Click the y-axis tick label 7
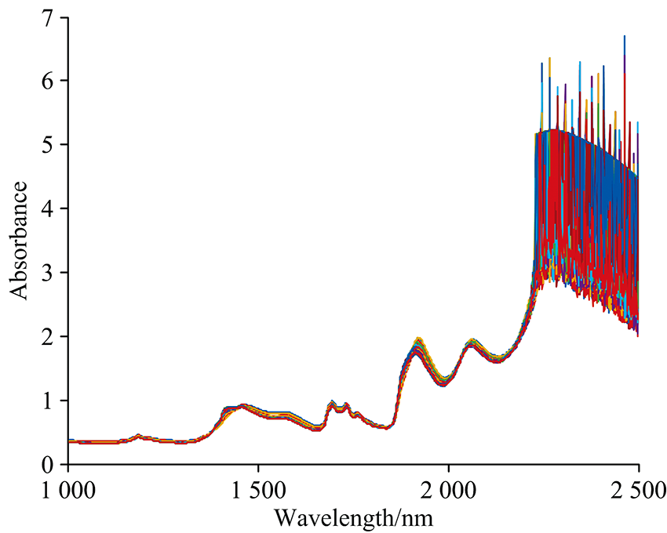coord(53,16)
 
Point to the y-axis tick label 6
coord(53,81)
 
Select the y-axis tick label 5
coord(53,145)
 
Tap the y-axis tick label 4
coord(53,208)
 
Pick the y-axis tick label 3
coord(53,273)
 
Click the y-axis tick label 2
coord(53,336)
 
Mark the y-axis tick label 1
coord(53,401)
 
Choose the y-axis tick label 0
coord(53,465)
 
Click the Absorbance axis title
coord(20,240)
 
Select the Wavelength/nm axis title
coord(353,517)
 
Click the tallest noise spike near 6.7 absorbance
coord(624,36)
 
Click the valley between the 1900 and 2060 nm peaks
coord(444,382)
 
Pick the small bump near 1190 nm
coord(139,435)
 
